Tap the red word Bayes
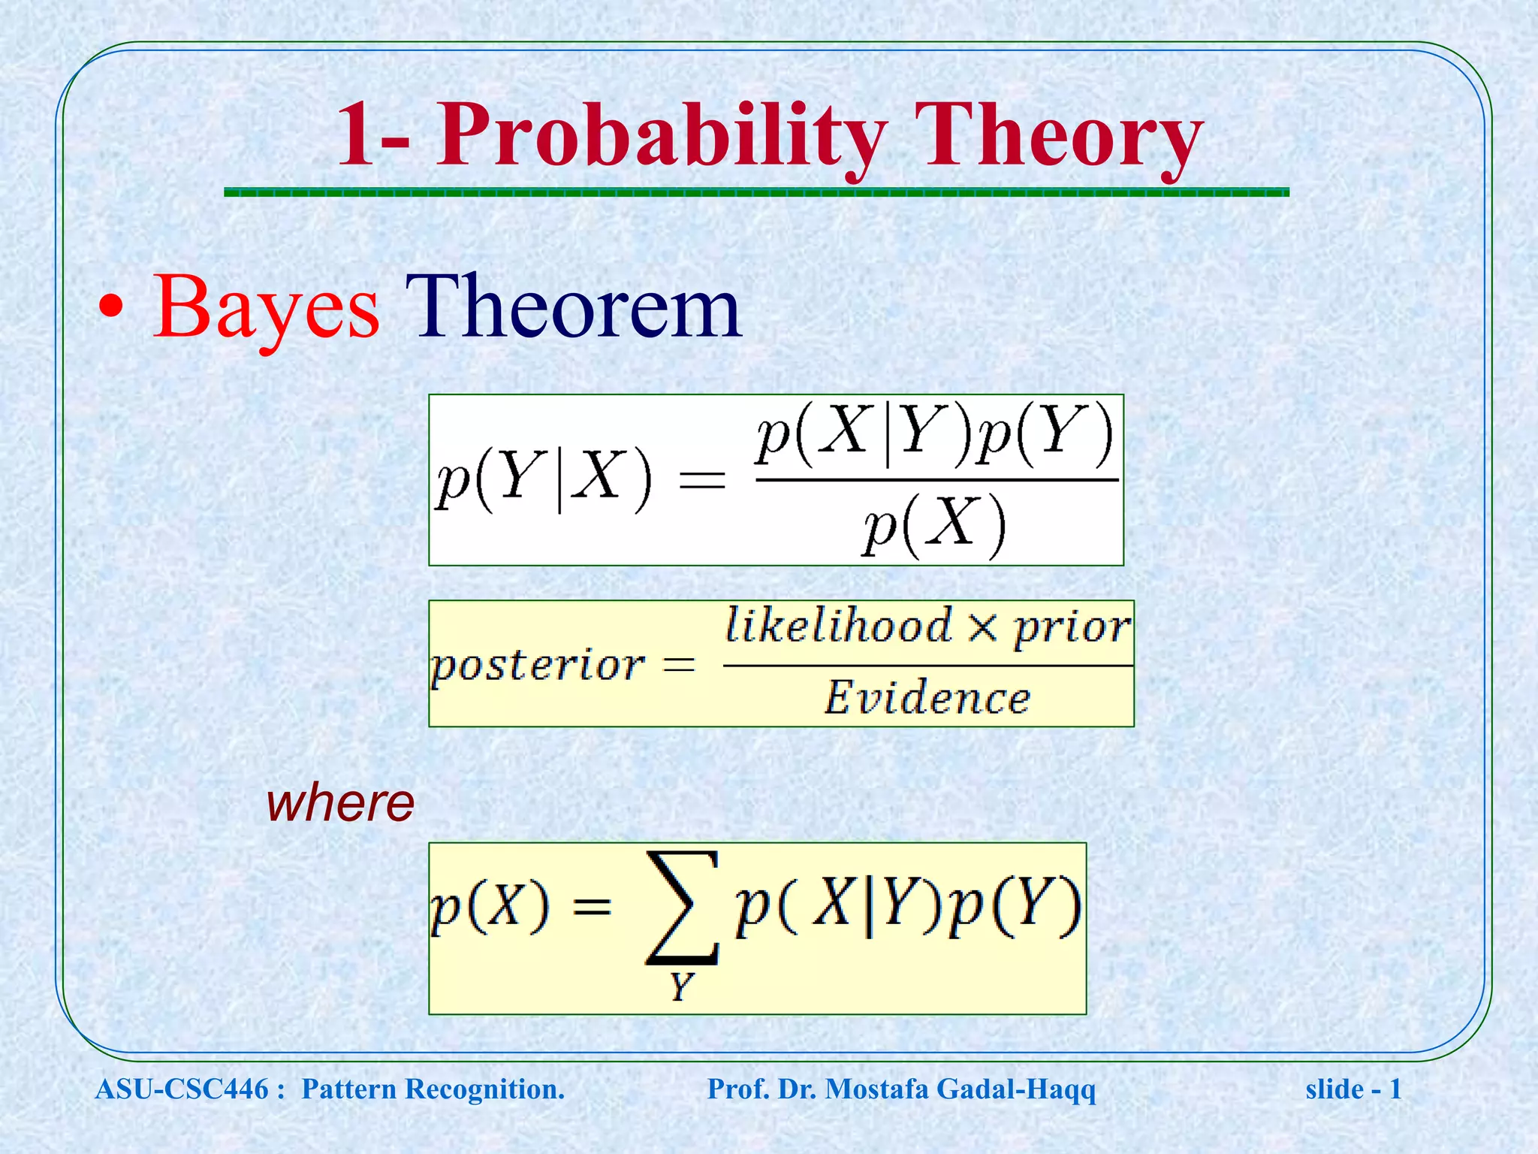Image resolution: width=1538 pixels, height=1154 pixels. click(x=267, y=308)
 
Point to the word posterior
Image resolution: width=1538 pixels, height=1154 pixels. click(x=538, y=665)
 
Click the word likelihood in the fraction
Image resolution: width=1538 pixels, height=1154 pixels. click(x=838, y=626)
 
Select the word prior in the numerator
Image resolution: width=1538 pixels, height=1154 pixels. click(x=1072, y=627)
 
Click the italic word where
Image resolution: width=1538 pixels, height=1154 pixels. click(x=340, y=803)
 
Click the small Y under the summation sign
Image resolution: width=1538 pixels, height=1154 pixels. click(x=680, y=986)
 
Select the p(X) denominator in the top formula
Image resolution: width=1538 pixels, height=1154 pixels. click(x=933, y=525)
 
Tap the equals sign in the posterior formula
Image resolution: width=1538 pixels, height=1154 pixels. click(x=680, y=665)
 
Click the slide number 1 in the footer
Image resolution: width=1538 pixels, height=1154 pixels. click(x=1395, y=1089)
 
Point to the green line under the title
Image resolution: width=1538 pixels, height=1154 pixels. click(x=755, y=193)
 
